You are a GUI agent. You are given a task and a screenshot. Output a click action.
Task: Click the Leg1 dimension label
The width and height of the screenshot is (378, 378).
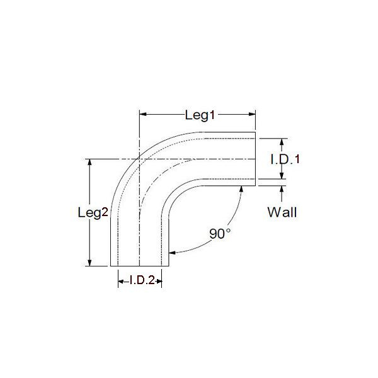coord(200,115)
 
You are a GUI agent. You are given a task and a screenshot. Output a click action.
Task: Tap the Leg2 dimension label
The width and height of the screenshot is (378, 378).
coord(93,213)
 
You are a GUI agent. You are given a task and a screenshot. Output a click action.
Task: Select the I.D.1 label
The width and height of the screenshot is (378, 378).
coord(285,159)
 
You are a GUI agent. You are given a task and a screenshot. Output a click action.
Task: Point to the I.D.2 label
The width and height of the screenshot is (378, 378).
coord(142,280)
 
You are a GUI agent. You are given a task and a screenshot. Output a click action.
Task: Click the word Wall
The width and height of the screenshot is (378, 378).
coord(282,212)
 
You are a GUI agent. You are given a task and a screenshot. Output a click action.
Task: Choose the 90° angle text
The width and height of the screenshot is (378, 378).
coord(220,234)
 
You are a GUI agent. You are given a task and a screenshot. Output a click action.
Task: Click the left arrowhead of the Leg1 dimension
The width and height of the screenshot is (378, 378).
coord(143,114)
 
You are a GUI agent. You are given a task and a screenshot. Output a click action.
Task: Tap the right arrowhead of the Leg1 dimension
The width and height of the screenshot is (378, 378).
coord(252,114)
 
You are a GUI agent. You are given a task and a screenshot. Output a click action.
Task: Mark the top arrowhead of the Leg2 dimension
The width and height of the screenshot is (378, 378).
coord(89,163)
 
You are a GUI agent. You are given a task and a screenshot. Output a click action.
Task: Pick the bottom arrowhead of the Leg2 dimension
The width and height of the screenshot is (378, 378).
coord(89,263)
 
